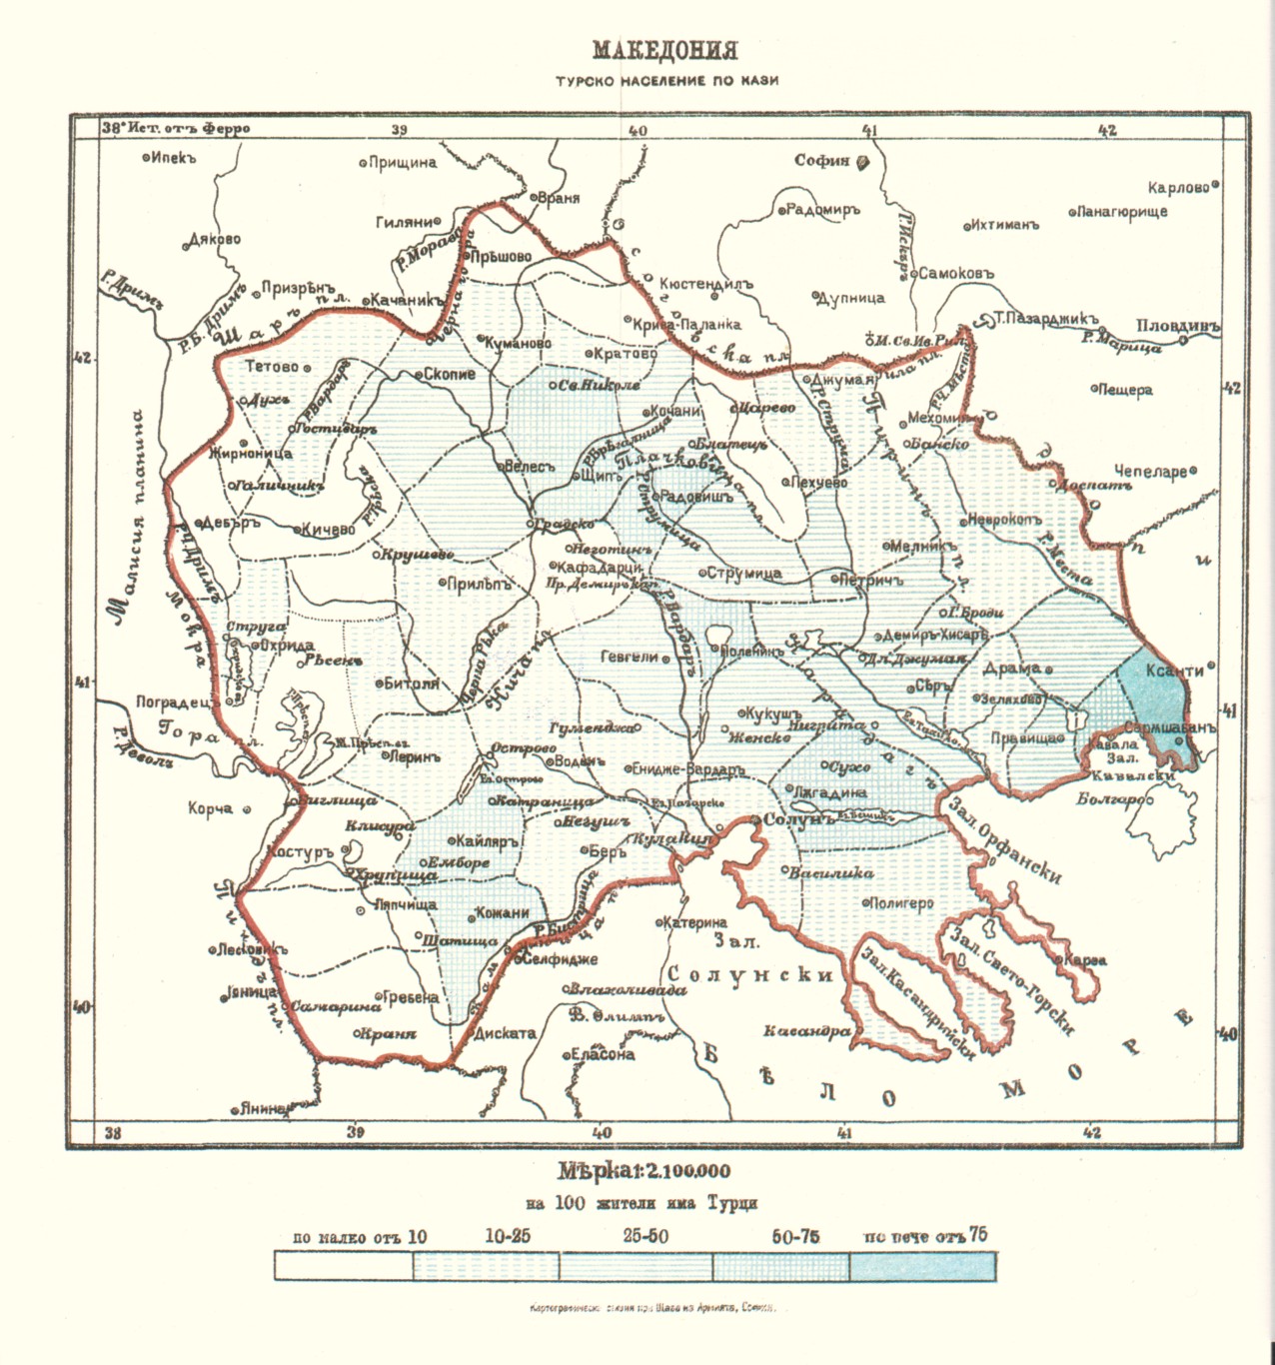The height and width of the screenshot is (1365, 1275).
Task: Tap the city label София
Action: coord(822,160)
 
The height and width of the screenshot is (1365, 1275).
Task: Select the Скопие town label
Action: coord(449,375)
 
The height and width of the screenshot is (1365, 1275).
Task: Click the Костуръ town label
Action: coord(299,853)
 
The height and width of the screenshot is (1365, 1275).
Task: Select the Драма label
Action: coord(1012,668)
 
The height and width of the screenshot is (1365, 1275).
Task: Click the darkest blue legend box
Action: coord(922,1266)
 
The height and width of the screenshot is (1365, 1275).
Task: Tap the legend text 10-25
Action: coord(508,1236)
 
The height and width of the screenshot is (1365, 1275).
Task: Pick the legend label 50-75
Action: coord(795,1237)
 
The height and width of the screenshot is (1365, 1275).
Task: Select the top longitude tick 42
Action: coord(1106,130)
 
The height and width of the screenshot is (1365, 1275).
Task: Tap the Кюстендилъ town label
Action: coord(705,285)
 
